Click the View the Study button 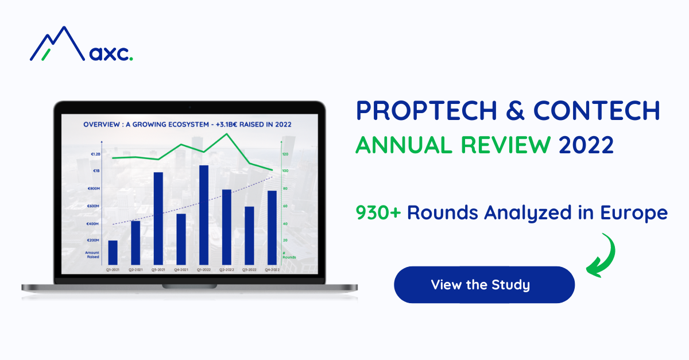click(483, 285)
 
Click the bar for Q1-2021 click(113, 251)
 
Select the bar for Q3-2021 click(158, 218)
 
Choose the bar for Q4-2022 click(272, 227)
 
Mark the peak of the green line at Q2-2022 click(227, 134)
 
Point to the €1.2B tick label click(94, 154)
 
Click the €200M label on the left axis click(93, 240)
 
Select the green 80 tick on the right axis click(285, 188)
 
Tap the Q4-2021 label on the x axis click(181, 269)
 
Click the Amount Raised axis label click(92, 254)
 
